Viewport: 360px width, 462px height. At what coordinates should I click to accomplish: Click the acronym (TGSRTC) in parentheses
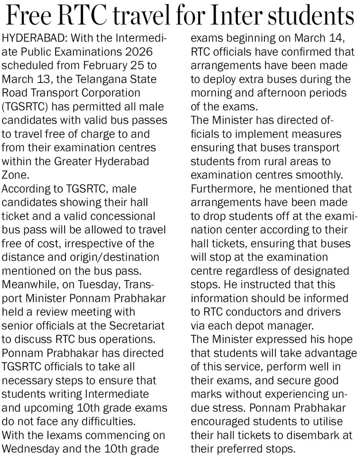(25, 107)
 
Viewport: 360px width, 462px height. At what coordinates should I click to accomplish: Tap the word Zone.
(15, 175)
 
